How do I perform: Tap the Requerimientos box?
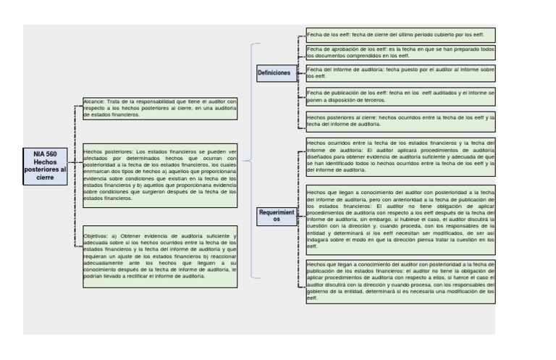(x=276, y=216)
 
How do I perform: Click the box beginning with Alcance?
(x=160, y=108)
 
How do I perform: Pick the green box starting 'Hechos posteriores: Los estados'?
(x=160, y=174)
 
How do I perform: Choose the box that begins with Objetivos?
(x=160, y=256)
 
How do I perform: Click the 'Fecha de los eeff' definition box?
(x=400, y=35)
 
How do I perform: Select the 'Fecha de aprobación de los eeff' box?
(x=400, y=52)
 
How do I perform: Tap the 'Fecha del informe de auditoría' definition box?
(x=400, y=72)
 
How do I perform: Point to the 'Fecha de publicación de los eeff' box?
(x=400, y=96)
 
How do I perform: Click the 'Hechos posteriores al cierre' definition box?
(x=400, y=120)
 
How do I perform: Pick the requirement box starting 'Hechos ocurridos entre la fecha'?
(x=400, y=156)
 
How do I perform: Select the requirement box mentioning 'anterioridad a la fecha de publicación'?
(x=400, y=219)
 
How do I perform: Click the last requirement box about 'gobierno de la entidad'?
(x=400, y=281)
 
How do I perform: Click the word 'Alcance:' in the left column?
(x=94, y=102)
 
